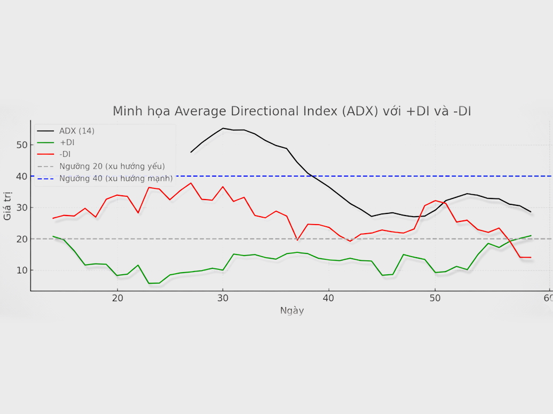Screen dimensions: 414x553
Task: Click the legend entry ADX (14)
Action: pos(76,131)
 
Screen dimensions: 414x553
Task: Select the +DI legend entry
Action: pos(67,142)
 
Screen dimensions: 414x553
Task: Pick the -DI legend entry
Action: pos(66,154)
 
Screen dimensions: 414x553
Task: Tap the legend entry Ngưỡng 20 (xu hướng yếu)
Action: pos(112,166)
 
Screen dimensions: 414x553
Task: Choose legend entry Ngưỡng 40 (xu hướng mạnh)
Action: pos(116,178)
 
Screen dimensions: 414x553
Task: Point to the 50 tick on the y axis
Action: pos(21,145)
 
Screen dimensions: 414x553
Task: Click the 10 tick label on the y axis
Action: pos(21,270)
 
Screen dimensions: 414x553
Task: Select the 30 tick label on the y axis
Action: pos(21,208)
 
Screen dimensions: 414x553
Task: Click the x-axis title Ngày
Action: pos(292,310)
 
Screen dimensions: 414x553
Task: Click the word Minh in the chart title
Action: pos(125,111)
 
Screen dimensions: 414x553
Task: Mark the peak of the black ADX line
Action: pos(223,128)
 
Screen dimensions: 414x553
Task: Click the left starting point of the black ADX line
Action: pos(191,152)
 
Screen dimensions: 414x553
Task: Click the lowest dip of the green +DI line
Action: pos(149,283)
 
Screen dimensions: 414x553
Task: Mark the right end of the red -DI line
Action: pos(531,257)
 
